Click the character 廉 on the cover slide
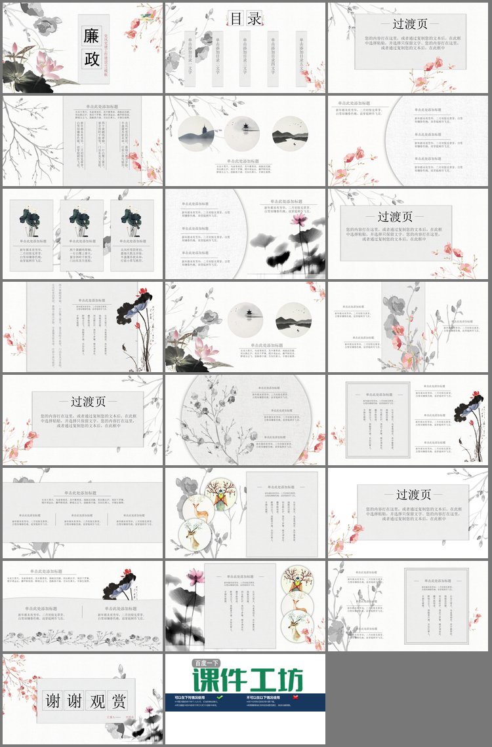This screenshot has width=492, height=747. [91, 35]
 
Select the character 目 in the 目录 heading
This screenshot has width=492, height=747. [236, 19]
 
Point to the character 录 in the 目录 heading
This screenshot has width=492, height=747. [255, 19]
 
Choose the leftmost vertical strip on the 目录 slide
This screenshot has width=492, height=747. [190, 59]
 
